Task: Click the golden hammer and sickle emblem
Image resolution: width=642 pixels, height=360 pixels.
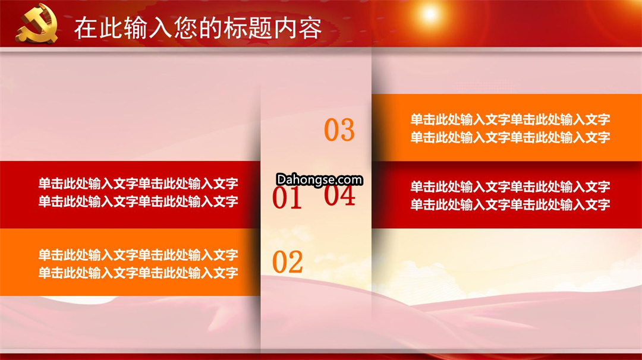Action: pos(37,23)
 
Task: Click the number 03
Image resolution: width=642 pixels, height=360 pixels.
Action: pos(339,130)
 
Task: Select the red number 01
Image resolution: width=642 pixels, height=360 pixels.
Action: pos(287,198)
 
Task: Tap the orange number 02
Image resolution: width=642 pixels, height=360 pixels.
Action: pos(288,262)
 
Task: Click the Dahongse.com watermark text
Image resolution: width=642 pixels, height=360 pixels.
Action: pos(319,179)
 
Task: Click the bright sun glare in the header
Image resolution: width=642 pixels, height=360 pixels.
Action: pos(430,14)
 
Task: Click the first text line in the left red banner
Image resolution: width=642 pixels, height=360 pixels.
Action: pos(139,184)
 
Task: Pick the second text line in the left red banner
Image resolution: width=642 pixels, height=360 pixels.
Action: pos(139,201)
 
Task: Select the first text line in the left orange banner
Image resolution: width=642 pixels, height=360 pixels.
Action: pos(139,255)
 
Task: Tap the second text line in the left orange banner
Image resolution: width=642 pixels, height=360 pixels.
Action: pos(139,273)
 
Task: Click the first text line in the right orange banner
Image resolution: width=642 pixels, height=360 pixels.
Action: pos(510,119)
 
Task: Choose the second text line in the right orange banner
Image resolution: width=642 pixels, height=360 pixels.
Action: pos(510,137)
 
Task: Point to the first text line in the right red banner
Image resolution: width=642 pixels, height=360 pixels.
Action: pos(510,187)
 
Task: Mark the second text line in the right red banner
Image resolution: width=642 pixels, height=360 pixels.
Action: pos(510,205)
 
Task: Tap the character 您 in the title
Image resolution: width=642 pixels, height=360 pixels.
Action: pos(185,28)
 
